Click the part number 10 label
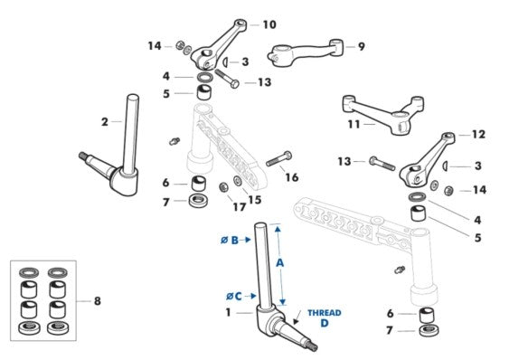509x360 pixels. pyautogui.click(x=269, y=24)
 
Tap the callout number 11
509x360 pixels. pyautogui.click(x=353, y=124)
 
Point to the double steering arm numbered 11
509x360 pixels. pyautogui.click(x=384, y=114)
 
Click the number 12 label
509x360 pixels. pyautogui.click(x=478, y=134)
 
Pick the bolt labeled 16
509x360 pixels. pyautogui.click(x=278, y=158)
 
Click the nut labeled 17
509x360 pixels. pyautogui.click(x=223, y=187)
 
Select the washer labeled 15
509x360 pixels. pyautogui.click(x=237, y=180)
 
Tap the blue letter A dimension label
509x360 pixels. pyautogui.click(x=280, y=262)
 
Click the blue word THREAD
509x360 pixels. pyautogui.click(x=325, y=313)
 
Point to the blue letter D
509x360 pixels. pyautogui.click(x=325, y=323)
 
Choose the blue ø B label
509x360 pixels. pyautogui.click(x=230, y=241)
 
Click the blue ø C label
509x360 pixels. pyautogui.click(x=234, y=297)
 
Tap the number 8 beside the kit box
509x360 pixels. pyautogui.click(x=98, y=301)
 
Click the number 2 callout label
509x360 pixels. pyautogui.click(x=105, y=122)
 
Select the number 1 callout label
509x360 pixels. pyautogui.click(x=228, y=313)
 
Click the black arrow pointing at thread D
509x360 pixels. pyautogui.click(x=298, y=317)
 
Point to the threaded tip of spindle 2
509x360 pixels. pyautogui.click(x=84, y=156)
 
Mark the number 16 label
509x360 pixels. pyautogui.click(x=291, y=177)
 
